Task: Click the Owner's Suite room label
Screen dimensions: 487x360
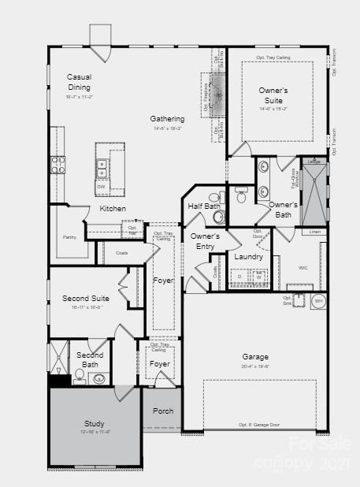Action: coord(273,95)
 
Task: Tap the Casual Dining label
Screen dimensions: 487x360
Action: coord(79,82)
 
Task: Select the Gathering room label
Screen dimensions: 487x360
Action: coord(168,119)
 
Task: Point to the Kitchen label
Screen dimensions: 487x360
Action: coord(113,209)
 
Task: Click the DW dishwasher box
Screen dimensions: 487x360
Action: coord(101,187)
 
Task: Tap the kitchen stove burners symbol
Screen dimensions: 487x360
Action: coord(58,164)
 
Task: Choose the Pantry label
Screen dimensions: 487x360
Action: coord(69,236)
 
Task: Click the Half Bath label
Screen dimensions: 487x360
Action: coord(204,206)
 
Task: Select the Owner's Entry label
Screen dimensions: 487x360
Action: coord(205,241)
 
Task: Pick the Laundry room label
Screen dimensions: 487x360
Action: coord(248,257)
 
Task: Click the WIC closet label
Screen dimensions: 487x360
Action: coord(303,268)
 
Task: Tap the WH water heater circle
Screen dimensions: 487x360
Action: coord(318,301)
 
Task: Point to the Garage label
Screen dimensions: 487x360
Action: coord(255,356)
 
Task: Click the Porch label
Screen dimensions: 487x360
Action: coord(163,411)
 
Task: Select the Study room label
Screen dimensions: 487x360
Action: coord(95,424)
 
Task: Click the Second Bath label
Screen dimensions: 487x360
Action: coord(89,359)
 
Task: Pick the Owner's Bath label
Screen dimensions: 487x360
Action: coord(282,209)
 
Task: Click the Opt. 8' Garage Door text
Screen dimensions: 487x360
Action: coord(259,426)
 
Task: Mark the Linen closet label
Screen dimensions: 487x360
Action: coord(314,232)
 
